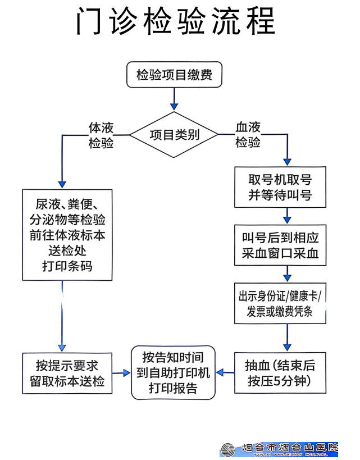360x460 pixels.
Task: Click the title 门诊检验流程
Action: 175,21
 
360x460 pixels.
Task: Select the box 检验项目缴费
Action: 174,75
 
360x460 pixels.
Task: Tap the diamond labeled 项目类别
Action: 174,135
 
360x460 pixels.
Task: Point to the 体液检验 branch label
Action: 101,135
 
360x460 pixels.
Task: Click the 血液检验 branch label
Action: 248,135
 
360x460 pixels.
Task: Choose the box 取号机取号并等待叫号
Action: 280,187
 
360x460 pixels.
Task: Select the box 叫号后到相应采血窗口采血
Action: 280,245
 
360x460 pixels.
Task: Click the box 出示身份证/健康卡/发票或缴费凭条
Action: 280,303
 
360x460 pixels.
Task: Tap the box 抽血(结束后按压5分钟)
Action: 280,373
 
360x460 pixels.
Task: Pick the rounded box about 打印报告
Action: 173,372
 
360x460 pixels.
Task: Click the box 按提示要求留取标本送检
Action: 67,373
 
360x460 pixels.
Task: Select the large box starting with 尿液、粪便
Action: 67,235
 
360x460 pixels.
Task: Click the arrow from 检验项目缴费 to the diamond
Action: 174,99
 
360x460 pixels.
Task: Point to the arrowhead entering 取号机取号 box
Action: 287,162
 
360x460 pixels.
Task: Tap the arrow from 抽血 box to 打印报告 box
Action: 225,372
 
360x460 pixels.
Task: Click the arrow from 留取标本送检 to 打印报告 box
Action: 121,373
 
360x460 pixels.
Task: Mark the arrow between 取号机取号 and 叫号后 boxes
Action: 287,216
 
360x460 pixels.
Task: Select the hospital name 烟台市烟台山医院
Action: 289,447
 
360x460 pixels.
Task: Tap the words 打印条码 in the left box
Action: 67,266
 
